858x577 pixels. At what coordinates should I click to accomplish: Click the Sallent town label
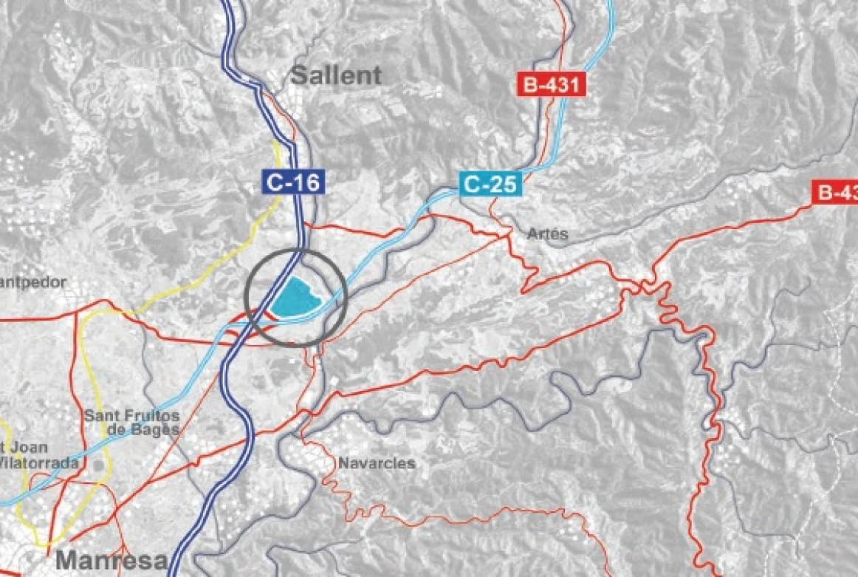pyautogui.click(x=336, y=75)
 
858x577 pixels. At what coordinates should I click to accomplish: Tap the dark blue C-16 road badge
pyautogui.click(x=294, y=182)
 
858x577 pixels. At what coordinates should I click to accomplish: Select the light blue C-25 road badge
pyautogui.click(x=491, y=183)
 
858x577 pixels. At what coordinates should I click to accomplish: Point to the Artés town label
pyautogui.click(x=548, y=234)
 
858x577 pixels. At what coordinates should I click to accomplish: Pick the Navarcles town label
pyautogui.click(x=377, y=463)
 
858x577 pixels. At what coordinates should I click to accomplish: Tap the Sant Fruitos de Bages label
pyautogui.click(x=132, y=422)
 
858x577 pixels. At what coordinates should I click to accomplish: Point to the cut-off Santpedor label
pyautogui.click(x=33, y=281)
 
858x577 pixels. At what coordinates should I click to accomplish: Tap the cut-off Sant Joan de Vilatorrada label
pyautogui.click(x=37, y=455)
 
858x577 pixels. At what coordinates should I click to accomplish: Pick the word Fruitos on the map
pyautogui.click(x=150, y=415)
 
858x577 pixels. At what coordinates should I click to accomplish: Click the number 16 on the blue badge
pyautogui.click(x=306, y=182)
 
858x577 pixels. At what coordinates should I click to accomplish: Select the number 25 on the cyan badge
pyautogui.click(x=503, y=183)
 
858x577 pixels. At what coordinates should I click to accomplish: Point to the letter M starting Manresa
pyautogui.click(x=68, y=561)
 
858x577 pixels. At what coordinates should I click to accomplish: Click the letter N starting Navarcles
pyautogui.click(x=343, y=463)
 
